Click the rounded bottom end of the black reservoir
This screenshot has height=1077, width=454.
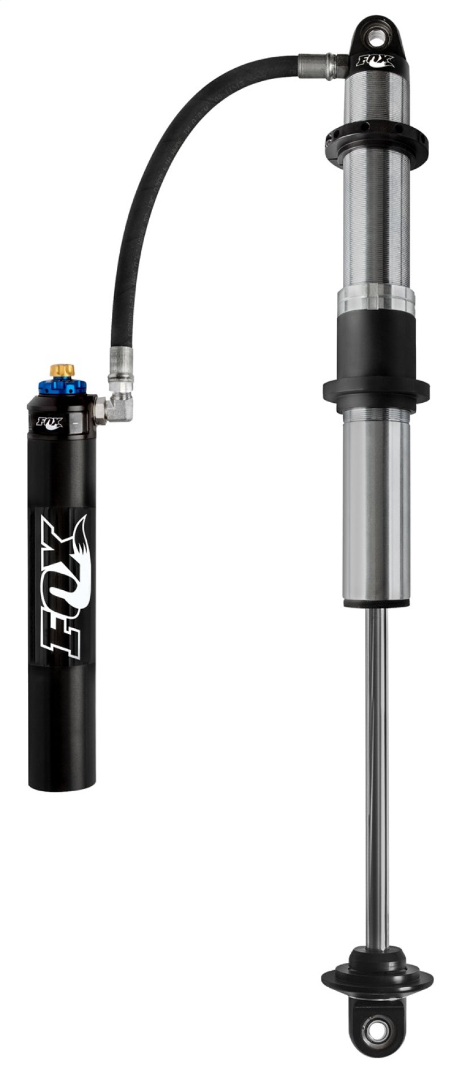[x=62, y=781]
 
